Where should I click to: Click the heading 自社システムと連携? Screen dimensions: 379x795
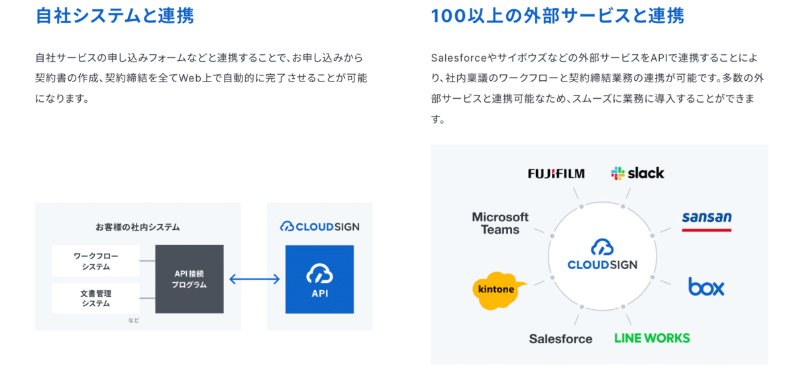tap(114, 15)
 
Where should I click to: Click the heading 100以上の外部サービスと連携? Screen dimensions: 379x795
tap(557, 15)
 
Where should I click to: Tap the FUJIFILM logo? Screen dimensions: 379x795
tap(556, 174)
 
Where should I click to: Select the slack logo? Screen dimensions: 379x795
tap(637, 173)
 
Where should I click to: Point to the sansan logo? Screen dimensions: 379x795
tap(706, 219)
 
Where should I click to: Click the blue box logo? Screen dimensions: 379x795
tap(706, 286)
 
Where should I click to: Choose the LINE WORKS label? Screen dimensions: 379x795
tap(652, 338)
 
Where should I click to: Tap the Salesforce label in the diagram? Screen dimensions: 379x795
tap(560, 339)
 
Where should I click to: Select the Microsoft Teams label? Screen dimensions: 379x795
tap(500, 223)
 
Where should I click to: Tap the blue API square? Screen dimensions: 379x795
tap(319, 279)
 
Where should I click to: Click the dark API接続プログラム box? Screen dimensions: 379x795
tap(189, 279)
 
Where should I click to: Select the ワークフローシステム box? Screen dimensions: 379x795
tap(96, 261)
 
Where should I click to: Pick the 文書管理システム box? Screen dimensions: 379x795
tap(96, 298)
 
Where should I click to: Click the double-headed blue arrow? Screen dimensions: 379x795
tap(254, 279)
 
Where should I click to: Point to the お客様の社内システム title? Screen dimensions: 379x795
tap(138, 227)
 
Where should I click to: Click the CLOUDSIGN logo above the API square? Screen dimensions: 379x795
tap(319, 227)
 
